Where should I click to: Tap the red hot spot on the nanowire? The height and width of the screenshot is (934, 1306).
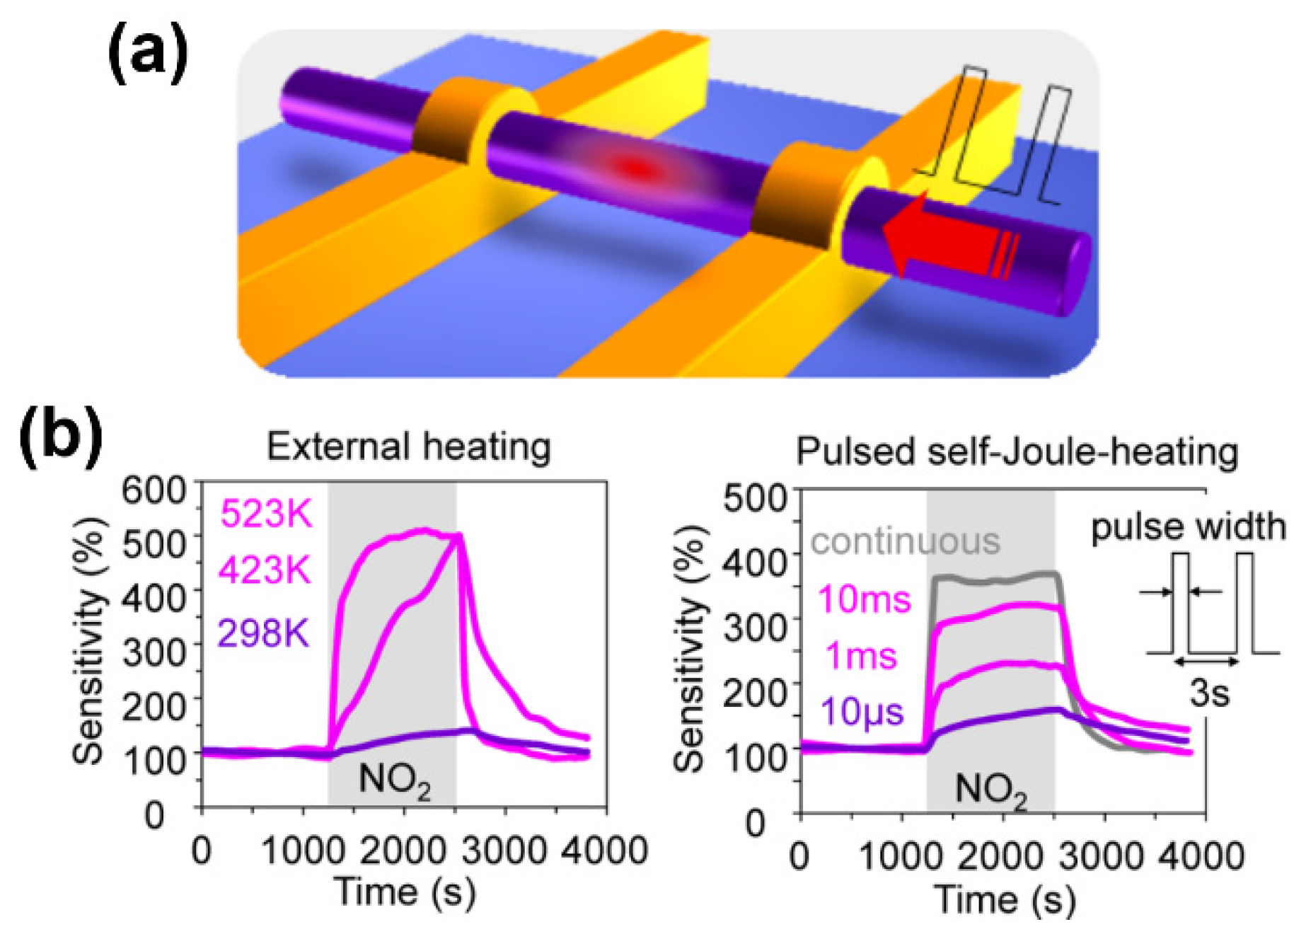(636, 168)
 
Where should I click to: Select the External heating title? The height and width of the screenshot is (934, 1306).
(408, 447)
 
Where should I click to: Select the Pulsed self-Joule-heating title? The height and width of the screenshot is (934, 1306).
(1017, 451)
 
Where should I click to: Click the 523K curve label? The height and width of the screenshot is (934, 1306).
(265, 513)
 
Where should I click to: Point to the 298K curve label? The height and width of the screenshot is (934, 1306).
(263, 633)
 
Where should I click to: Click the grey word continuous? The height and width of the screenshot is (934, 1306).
(905, 541)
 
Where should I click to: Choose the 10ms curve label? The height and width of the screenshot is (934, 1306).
(864, 599)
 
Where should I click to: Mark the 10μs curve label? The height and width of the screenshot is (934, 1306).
(862, 711)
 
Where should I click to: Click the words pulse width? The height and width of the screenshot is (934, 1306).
(1188, 527)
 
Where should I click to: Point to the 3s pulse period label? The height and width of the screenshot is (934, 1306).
(1209, 693)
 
